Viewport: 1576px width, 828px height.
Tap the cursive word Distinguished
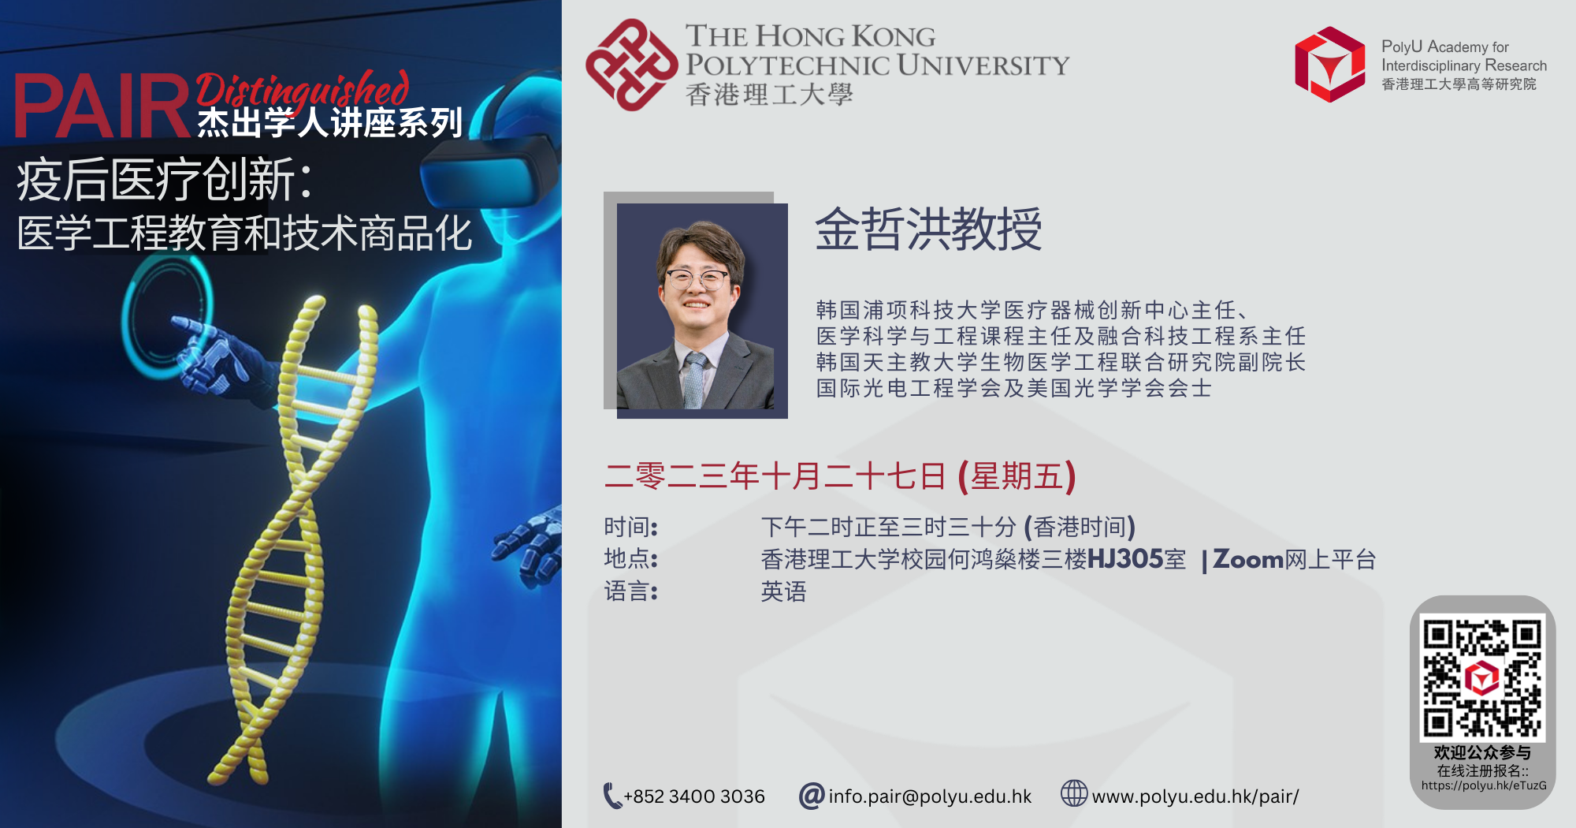[303, 89]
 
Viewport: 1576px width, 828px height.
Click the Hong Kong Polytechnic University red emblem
[631, 65]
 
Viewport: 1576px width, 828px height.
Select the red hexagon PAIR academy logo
[1330, 65]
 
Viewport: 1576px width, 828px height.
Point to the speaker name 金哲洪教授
[928, 229]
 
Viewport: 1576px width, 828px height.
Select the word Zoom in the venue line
[1248, 559]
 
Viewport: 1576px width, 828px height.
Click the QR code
[1482, 677]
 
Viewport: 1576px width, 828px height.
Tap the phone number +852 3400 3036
[694, 796]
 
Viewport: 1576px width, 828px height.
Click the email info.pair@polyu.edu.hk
[930, 796]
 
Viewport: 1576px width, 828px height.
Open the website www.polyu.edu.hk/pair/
[1195, 796]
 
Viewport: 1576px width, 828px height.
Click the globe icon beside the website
[1074, 793]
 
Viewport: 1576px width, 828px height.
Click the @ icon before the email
[812, 796]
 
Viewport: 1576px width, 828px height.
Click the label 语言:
[631, 591]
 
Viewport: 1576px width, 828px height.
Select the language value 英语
[784, 591]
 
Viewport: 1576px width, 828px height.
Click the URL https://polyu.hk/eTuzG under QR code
[1484, 785]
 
